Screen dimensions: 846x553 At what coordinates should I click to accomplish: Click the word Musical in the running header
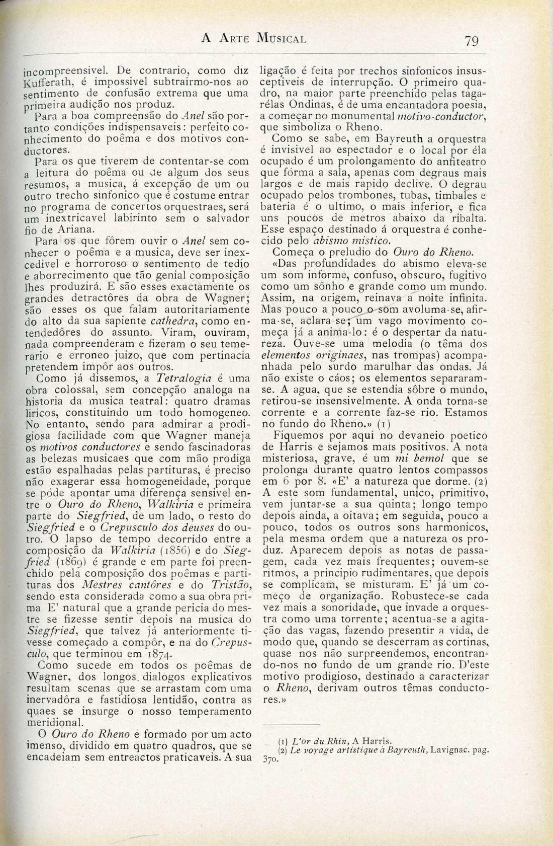coord(281,38)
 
